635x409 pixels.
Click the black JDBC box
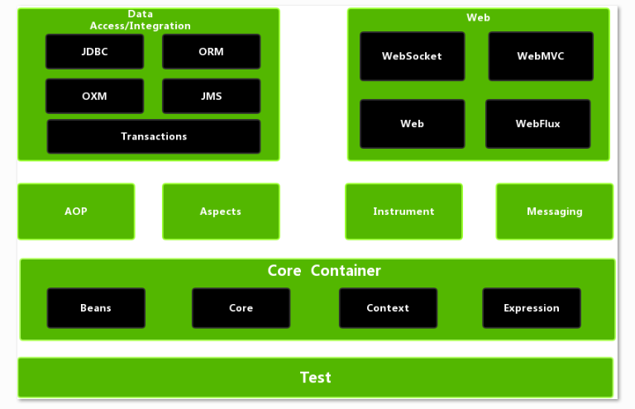(x=94, y=51)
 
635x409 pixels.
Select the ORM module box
(x=211, y=51)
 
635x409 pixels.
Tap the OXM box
(x=94, y=96)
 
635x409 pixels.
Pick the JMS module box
(x=211, y=96)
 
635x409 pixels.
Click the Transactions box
(x=154, y=136)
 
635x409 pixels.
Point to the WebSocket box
(x=412, y=56)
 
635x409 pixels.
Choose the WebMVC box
(x=541, y=56)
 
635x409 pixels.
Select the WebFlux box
(x=538, y=124)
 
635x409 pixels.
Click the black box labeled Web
(x=412, y=124)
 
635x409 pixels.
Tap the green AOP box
(x=76, y=212)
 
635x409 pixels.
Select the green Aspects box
(x=221, y=212)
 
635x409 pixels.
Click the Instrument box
(x=403, y=212)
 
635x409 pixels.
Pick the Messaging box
(x=555, y=212)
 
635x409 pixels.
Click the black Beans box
(x=96, y=308)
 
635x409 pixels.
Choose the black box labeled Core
(x=241, y=308)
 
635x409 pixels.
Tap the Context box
(x=388, y=308)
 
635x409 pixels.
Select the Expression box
(x=532, y=308)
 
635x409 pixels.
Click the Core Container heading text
(x=324, y=271)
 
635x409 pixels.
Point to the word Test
(x=315, y=378)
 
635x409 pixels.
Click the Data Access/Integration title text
(x=141, y=20)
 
